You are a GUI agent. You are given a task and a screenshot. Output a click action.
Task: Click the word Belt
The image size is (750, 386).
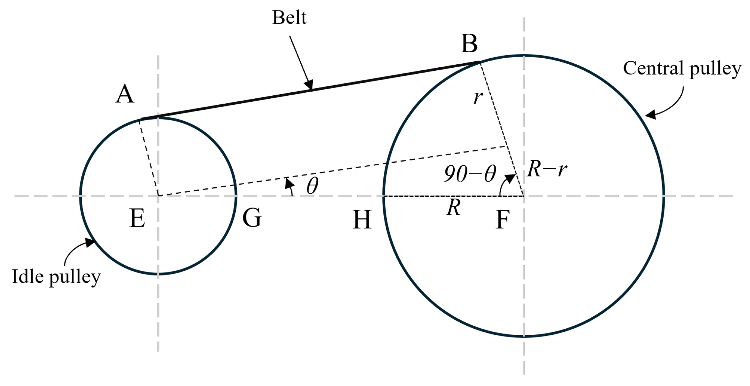point(289,18)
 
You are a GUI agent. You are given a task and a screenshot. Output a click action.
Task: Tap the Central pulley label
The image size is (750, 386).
point(682,69)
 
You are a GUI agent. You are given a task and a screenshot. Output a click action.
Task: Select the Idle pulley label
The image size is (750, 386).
point(56,277)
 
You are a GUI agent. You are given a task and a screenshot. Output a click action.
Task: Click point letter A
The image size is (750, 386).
point(125,94)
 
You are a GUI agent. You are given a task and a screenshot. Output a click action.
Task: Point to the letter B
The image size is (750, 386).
point(469,44)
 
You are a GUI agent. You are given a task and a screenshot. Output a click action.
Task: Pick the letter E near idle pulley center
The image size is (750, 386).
point(137,218)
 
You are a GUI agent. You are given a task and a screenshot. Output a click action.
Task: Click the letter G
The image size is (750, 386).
point(252,218)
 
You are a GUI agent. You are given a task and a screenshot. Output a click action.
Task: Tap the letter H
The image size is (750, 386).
point(362,220)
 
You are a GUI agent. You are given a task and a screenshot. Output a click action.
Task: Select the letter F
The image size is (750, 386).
point(503,220)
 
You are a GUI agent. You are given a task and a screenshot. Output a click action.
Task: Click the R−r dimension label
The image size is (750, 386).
point(547,169)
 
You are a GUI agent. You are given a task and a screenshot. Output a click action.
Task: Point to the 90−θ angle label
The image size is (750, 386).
point(470,174)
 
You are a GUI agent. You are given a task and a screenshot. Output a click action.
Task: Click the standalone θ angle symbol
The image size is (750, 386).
point(312,186)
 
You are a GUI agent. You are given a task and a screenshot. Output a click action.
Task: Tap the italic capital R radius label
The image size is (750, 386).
point(453,207)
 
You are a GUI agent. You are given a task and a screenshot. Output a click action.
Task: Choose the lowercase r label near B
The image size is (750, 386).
point(478,97)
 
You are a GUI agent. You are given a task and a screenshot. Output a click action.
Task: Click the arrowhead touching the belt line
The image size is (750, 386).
point(309,85)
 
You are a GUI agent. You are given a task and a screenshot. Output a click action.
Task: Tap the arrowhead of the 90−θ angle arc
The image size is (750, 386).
point(510,178)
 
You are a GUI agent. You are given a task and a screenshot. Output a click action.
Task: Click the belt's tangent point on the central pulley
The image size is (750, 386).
point(480,62)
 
